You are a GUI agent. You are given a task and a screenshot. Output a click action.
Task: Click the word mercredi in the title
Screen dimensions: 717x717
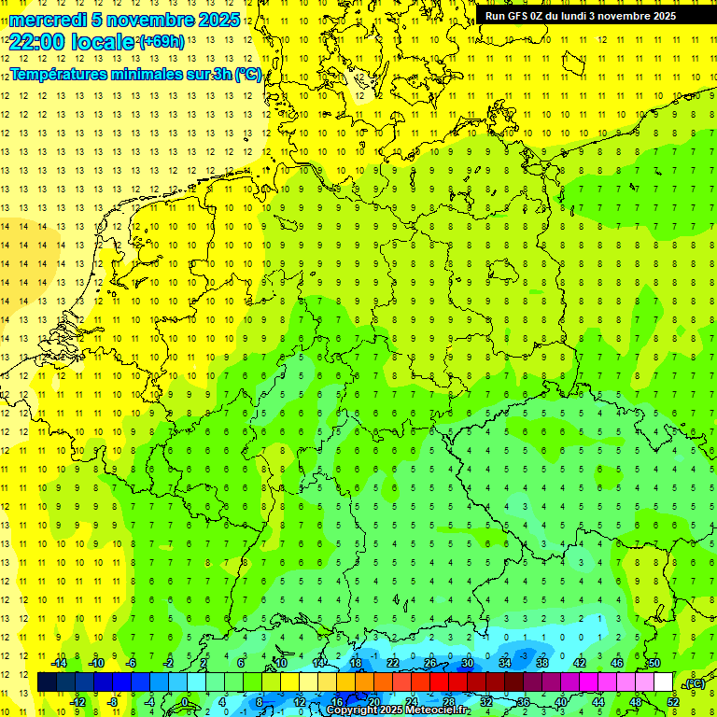[48, 20]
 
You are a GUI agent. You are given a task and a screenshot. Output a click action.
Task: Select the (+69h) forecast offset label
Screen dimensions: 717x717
[161, 42]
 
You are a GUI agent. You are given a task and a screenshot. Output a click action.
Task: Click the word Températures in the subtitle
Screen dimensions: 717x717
[58, 75]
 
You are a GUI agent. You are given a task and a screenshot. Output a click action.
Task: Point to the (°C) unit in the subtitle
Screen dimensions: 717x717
[247, 75]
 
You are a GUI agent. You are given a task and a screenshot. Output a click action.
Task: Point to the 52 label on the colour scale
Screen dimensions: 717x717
[673, 702]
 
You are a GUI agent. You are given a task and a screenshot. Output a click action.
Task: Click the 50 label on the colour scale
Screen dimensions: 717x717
[654, 663]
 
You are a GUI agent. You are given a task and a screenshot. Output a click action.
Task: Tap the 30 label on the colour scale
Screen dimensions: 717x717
[468, 663]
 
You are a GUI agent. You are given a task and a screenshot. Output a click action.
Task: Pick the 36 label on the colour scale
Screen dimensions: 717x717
[524, 702]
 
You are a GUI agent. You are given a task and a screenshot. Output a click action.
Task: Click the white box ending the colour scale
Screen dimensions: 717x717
[663, 682]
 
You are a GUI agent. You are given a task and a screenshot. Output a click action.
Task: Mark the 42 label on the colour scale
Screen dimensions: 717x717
[580, 663]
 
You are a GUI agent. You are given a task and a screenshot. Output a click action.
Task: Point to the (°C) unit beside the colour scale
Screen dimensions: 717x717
[694, 683]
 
